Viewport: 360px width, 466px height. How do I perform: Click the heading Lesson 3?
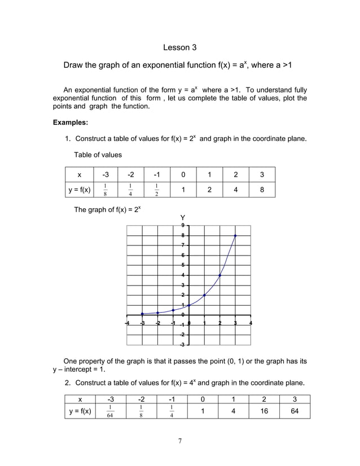(179, 47)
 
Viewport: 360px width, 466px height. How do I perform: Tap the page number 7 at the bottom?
(179, 441)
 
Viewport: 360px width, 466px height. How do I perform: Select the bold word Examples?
(71, 122)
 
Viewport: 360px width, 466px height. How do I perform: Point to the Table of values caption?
(98, 155)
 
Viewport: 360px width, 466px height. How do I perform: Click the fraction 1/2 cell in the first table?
(156, 190)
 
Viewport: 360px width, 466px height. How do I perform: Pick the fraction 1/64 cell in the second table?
(109, 412)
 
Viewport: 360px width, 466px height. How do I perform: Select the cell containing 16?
(264, 411)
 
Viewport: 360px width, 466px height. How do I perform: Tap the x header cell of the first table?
(79, 174)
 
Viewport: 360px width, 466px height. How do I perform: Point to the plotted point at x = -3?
(142, 314)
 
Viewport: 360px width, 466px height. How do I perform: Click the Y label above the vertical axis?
(182, 217)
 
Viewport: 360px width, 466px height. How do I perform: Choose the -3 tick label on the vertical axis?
(182, 345)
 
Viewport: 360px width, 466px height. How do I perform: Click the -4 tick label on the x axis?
(127, 323)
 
